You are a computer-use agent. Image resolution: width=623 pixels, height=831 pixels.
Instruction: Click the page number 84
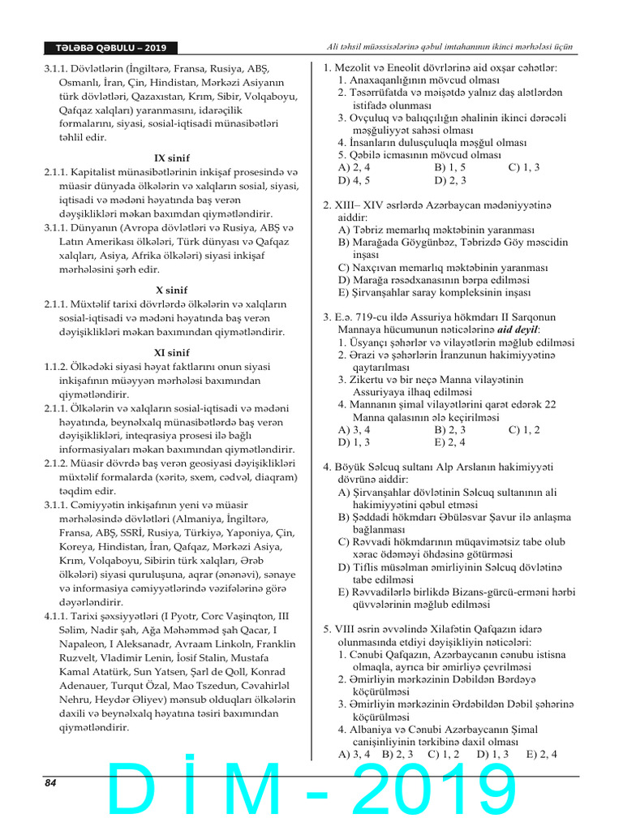pyautogui.click(x=50, y=783)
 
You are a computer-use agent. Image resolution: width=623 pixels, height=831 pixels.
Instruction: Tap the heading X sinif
pyautogui.click(x=171, y=290)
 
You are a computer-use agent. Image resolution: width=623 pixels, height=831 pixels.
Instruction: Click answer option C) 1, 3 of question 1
pyautogui.click(x=523, y=167)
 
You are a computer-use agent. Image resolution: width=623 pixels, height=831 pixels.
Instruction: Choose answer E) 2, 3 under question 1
pyautogui.click(x=450, y=180)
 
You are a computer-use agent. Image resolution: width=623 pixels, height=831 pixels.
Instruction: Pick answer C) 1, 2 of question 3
pyautogui.click(x=523, y=430)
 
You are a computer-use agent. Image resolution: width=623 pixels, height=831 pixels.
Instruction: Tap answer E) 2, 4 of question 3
pyautogui.click(x=450, y=443)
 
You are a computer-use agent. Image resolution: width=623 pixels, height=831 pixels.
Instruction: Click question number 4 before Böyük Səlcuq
pyautogui.click(x=327, y=467)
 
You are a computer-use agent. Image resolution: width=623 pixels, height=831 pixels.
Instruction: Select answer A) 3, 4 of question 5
pyautogui.click(x=354, y=754)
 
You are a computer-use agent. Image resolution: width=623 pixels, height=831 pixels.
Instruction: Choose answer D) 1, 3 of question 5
pyautogui.click(x=493, y=754)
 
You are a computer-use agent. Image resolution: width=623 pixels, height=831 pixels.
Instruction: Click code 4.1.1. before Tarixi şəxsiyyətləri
pyautogui.click(x=58, y=616)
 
